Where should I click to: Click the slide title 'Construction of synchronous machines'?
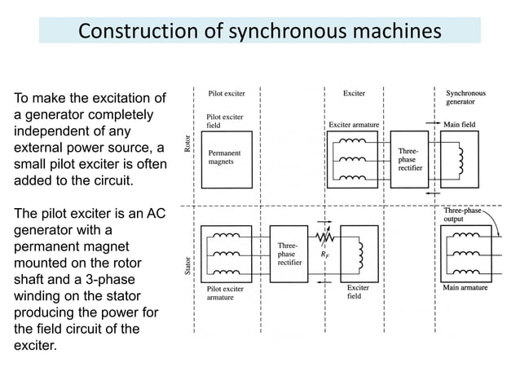coord(259,31)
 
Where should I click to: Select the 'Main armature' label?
coord(465,287)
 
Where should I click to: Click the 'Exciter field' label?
coord(359,292)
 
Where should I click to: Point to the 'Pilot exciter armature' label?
coord(225,293)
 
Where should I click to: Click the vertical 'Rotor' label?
coord(187,146)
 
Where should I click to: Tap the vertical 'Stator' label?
coord(187,264)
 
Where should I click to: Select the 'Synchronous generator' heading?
coord(465,98)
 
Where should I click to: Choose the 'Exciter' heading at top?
coord(354,94)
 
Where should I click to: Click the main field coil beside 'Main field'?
coord(461,162)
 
